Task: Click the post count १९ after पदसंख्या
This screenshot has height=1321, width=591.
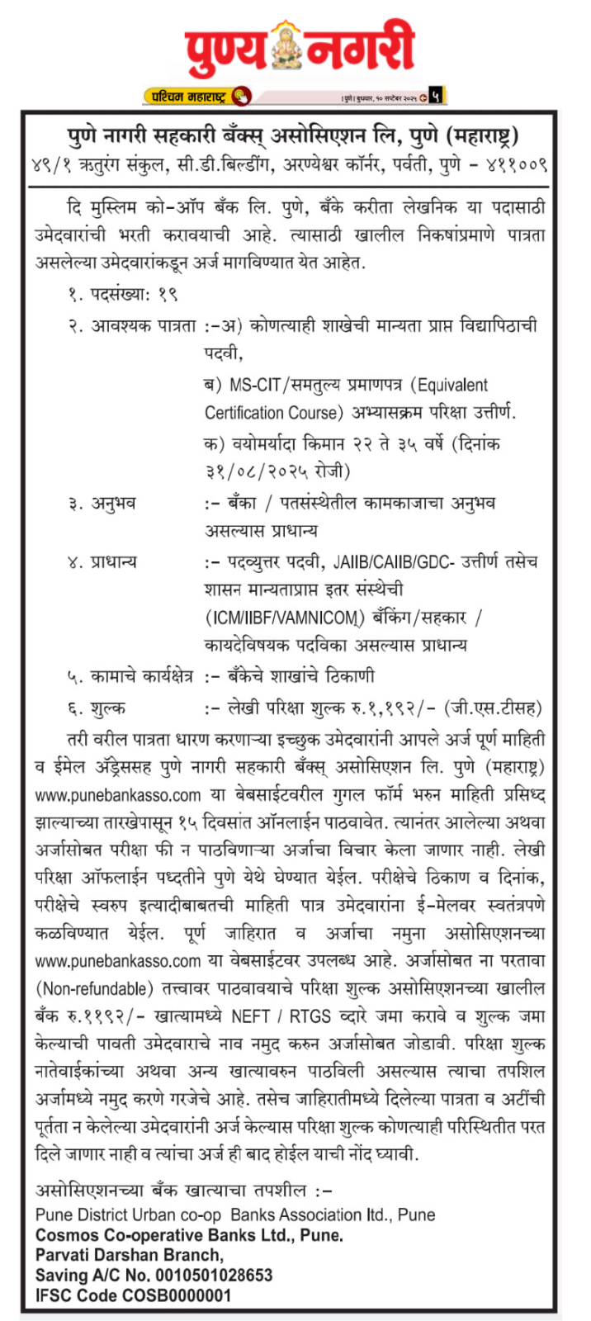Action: click(x=168, y=294)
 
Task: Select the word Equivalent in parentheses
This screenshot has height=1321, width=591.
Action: click(x=452, y=386)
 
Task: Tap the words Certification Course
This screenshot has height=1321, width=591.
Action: click(x=273, y=412)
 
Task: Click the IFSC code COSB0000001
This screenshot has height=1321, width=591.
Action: click(x=177, y=1295)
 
